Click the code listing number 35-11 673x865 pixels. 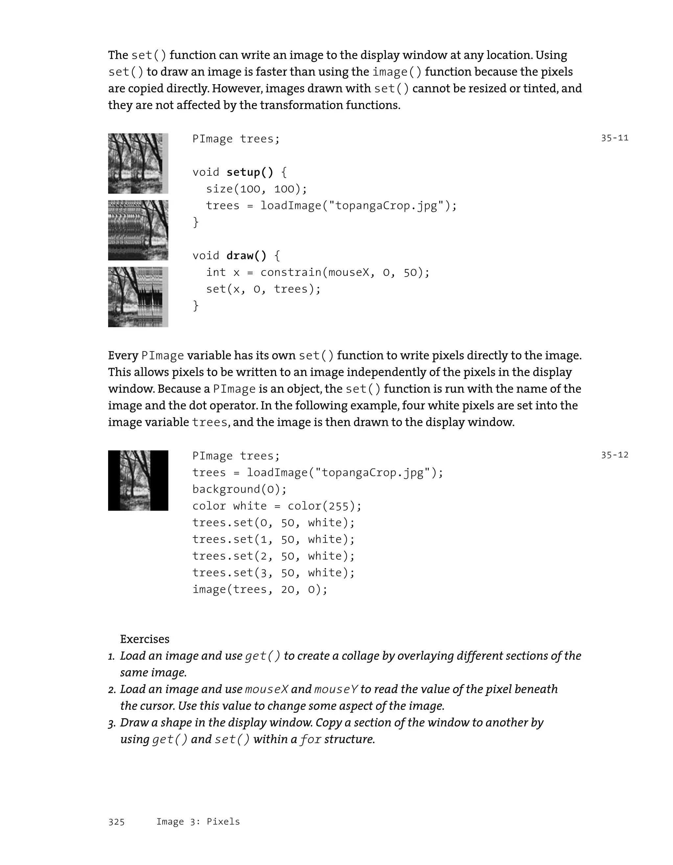click(x=615, y=138)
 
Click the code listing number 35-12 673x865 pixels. click(x=615, y=455)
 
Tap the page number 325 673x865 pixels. click(x=116, y=822)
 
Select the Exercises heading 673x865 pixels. click(x=145, y=639)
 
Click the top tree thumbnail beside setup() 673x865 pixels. click(x=138, y=163)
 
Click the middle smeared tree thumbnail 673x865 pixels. click(x=138, y=230)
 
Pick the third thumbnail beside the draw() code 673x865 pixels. click(x=138, y=297)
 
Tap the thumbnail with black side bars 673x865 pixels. click(x=138, y=480)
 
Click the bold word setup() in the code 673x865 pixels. click(x=249, y=172)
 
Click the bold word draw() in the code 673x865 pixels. click(x=246, y=256)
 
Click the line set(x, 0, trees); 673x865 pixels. click(x=263, y=289)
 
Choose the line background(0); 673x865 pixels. click(x=239, y=489)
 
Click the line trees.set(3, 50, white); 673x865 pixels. click(x=273, y=573)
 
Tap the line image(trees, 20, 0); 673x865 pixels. click(x=260, y=589)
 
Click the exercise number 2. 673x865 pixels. click(x=112, y=690)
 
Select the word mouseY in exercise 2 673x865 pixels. click(x=336, y=690)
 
